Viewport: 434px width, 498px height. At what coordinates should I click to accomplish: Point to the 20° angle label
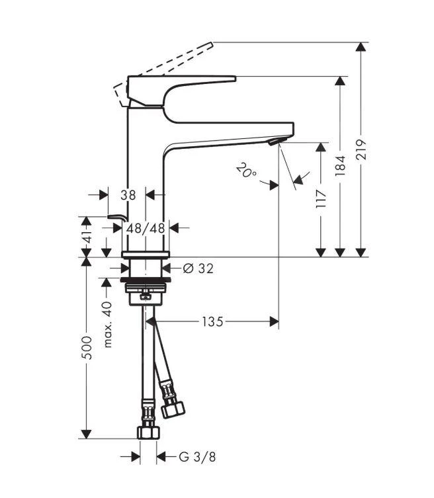click(245, 173)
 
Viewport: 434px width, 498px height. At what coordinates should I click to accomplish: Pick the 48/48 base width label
click(146, 228)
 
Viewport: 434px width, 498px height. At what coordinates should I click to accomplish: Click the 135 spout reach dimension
click(212, 321)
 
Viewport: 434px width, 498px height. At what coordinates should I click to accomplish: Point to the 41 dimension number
click(87, 235)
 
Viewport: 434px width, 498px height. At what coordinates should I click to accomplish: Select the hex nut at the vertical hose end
click(148, 433)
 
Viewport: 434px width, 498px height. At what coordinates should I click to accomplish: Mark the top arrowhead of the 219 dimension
click(361, 48)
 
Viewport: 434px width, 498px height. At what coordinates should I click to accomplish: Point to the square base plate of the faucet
click(146, 255)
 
